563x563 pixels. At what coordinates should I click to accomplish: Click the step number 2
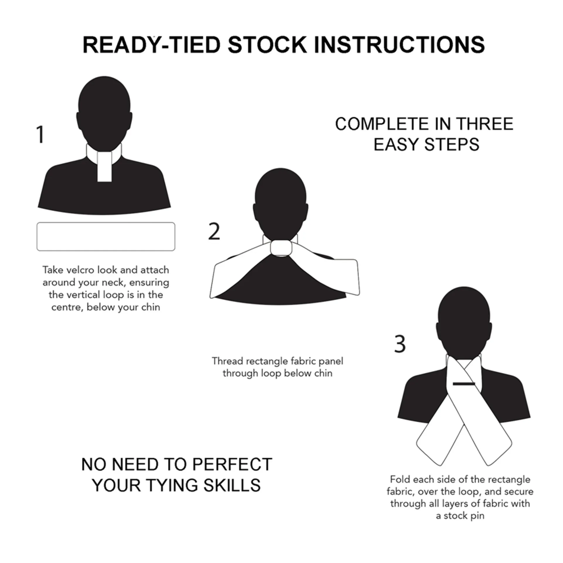214,231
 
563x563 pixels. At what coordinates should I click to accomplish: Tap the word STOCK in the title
267,45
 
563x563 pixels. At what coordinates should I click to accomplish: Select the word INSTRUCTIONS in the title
399,45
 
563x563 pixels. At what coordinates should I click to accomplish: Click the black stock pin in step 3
464,384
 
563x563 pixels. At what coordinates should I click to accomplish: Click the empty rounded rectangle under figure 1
106,237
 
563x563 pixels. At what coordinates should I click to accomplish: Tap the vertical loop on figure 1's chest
104,167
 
